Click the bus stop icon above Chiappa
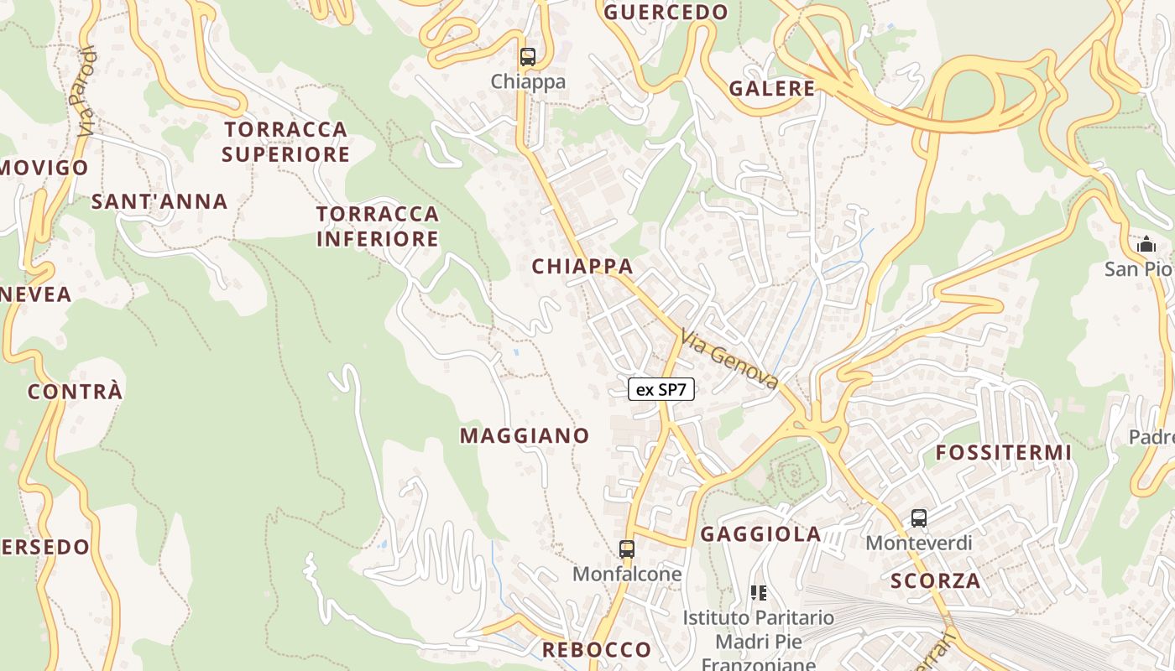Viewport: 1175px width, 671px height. (527, 57)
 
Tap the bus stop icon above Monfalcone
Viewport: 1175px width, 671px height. (627, 549)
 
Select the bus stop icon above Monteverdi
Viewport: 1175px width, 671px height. (919, 518)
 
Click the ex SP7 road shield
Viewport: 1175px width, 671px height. (661, 389)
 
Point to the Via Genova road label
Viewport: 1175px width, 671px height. (730, 359)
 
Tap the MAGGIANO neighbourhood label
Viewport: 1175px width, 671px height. (525, 435)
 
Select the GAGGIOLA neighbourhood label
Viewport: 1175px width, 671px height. (760, 534)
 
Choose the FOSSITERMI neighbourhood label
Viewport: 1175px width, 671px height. (1004, 453)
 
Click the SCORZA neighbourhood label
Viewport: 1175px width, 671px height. (936, 580)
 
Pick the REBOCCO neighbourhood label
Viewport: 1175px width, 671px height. (597, 649)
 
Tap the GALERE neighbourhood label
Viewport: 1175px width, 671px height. (772, 88)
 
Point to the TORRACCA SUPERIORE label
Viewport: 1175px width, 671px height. (285, 142)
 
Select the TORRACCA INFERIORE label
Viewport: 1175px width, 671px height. (378, 226)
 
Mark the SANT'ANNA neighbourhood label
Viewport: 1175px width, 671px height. (159, 201)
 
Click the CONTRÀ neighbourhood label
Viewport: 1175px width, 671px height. (76, 392)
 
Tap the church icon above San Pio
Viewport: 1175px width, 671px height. (1146, 245)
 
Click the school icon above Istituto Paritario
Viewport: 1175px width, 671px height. (759, 593)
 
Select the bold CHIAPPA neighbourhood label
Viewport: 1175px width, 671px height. (582, 266)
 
